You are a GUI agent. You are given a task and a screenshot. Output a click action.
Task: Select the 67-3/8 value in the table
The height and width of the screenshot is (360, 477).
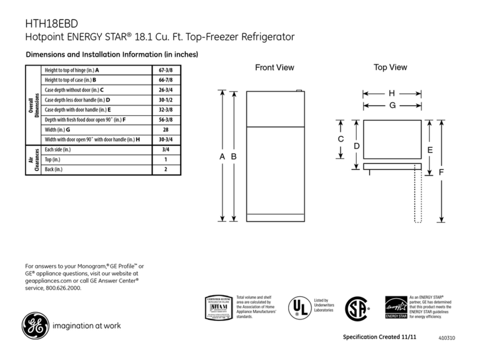166,70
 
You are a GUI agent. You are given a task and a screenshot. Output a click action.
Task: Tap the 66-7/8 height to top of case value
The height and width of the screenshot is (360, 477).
166,80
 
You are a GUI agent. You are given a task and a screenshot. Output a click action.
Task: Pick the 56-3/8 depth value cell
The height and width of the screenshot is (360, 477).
166,120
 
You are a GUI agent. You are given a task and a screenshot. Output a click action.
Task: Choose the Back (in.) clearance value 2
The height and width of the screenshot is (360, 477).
166,170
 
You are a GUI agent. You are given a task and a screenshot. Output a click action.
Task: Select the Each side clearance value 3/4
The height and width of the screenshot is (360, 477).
166,150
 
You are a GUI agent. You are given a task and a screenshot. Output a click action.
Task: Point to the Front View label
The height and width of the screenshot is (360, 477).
274,68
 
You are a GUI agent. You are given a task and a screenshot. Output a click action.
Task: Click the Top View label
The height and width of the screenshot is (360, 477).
390,68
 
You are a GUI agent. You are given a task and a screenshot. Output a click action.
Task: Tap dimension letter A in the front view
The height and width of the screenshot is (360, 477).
223,156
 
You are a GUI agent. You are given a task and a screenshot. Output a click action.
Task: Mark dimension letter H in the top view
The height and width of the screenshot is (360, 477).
392,94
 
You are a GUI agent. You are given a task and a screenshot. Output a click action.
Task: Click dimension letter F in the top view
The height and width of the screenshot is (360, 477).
441,172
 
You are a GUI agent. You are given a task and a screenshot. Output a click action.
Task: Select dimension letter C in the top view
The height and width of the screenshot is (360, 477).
341,139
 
